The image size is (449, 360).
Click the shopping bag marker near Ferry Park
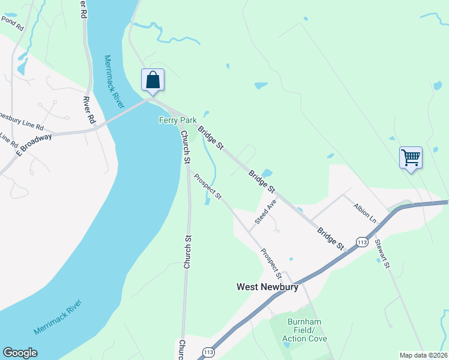point(152,80)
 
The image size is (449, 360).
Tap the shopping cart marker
point(411,158)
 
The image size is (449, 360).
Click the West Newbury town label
point(267,287)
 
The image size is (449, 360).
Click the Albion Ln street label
point(364,214)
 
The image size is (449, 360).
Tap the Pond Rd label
point(11,23)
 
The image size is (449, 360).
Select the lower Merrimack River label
point(56,320)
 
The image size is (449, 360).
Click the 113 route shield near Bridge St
point(361,242)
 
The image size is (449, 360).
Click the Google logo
point(20,353)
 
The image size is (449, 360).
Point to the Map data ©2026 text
point(423,355)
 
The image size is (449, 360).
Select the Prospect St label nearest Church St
point(208,188)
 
